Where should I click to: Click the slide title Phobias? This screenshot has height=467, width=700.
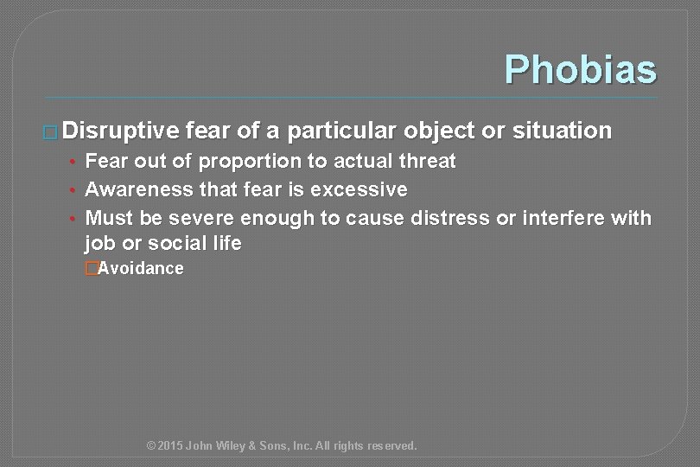click(x=580, y=69)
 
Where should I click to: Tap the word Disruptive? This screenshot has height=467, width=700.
click(x=120, y=131)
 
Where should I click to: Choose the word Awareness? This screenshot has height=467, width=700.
click(x=140, y=189)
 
